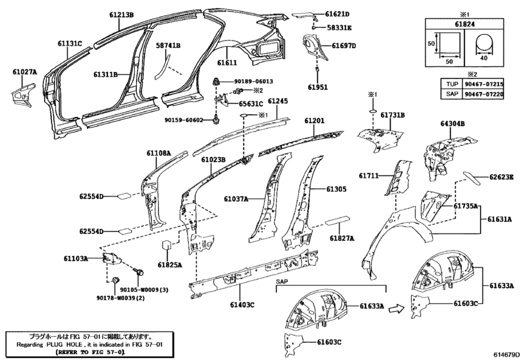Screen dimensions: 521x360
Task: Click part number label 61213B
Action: point(121,15)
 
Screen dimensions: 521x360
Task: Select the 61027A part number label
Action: point(25,71)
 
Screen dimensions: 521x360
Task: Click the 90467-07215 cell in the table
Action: point(484,84)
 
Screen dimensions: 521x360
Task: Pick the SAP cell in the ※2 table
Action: point(452,94)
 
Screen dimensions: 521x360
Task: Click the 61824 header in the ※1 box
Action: point(464,24)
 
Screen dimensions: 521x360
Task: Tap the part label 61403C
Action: point(242,305)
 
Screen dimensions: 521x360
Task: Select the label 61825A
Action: point(170,265)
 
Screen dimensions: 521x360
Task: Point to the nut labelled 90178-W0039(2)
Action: point(116,280)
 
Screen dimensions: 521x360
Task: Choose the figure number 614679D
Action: point(506,354)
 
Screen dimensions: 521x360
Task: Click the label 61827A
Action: point(342,238)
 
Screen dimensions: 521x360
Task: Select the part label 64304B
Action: point(452,123)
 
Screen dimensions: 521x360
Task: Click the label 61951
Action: point(317,87)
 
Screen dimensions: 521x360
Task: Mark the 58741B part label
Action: point(168,45)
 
